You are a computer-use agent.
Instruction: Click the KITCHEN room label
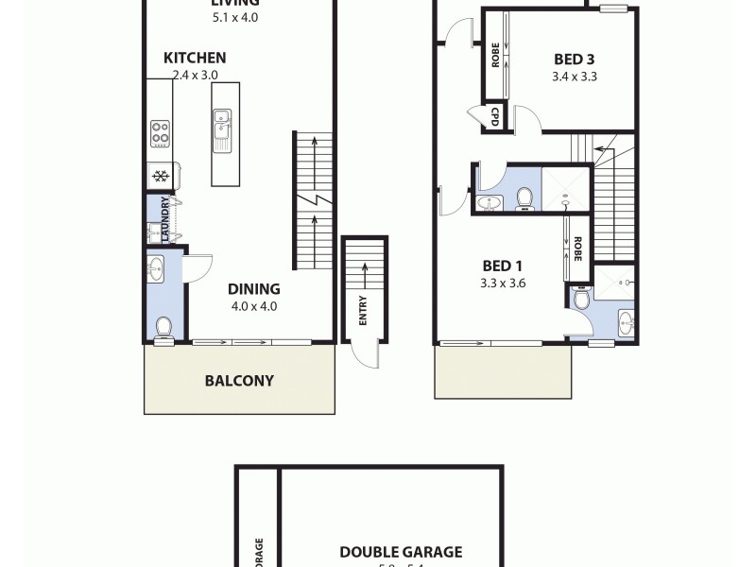[195, 58]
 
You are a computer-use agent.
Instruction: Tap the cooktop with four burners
[160, 134]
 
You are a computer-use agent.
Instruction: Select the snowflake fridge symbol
[160, 176]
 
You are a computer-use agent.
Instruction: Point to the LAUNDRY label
[166, 219]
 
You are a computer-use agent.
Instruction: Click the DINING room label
[253, 289]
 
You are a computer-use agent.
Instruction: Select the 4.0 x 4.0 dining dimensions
[253, 306]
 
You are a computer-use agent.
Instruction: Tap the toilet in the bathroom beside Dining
[163, 328]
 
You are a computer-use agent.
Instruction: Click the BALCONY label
[239, 381]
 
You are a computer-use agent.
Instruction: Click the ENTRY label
[363, 311]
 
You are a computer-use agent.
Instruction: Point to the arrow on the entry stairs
[363, 274]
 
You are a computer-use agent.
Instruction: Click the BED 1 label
[502, 265]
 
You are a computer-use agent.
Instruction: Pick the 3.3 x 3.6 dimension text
[502, 282]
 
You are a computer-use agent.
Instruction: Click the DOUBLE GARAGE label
[401, 552]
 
